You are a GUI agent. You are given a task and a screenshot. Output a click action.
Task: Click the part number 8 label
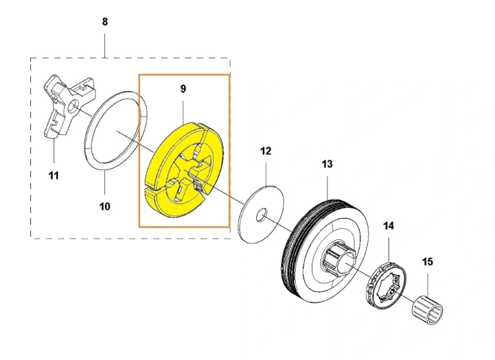[105, 22]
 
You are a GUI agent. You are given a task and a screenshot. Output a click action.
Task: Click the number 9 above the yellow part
[183, 89]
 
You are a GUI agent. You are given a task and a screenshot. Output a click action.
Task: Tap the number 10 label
[105, 207]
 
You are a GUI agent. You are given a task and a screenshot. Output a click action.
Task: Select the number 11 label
[53, 175]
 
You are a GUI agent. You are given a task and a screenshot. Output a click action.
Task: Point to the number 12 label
[266, 151]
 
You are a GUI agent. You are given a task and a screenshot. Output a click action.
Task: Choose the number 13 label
[327, 164]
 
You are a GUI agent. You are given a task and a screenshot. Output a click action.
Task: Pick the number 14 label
[389, 226]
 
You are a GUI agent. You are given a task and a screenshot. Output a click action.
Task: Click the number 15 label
[428, 262]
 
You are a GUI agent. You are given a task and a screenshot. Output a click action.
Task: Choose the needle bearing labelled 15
[428, 310]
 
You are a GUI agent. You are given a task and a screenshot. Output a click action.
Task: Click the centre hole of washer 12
[261, 215]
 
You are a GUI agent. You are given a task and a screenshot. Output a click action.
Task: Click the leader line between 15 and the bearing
[428, 285]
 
